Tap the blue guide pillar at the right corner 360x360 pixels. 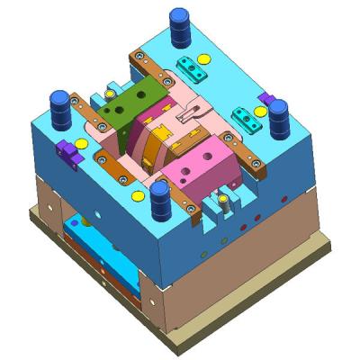tap(278, 116)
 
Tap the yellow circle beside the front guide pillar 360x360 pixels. tap(138, 194)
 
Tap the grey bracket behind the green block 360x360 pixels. tap(112, 90)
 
